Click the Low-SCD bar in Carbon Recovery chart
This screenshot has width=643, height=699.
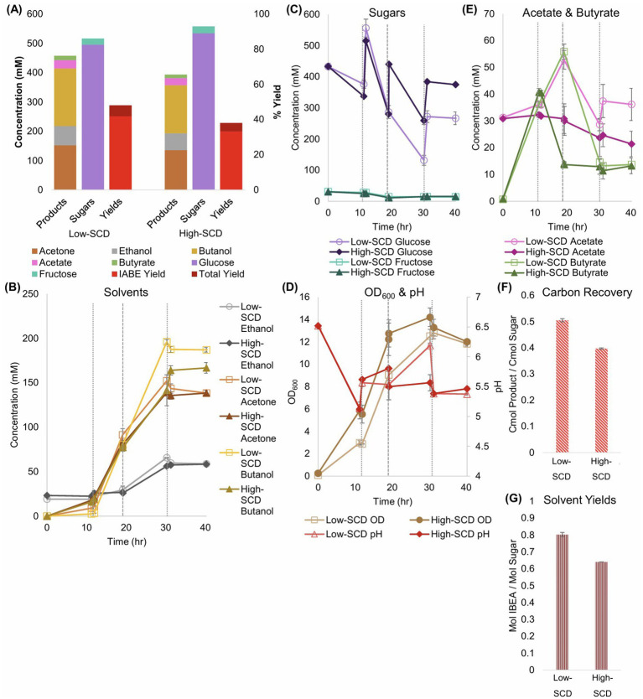pos(562,386)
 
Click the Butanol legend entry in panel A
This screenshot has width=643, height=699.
pos(211,251)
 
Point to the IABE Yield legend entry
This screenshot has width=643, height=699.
pos(137,274)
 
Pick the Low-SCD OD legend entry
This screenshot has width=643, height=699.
pos(345,520)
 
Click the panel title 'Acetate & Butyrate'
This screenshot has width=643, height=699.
pos(571,13)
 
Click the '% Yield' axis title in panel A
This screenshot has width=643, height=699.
pos(277,101)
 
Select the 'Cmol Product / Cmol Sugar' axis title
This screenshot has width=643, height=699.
pos(512,374)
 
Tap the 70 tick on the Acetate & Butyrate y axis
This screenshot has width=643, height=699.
pos(489,13)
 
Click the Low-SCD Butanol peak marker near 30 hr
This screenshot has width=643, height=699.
pos(166,342)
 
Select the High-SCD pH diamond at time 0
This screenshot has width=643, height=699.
pos(318,326)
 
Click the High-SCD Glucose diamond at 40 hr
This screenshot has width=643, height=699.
pos(455,85)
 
